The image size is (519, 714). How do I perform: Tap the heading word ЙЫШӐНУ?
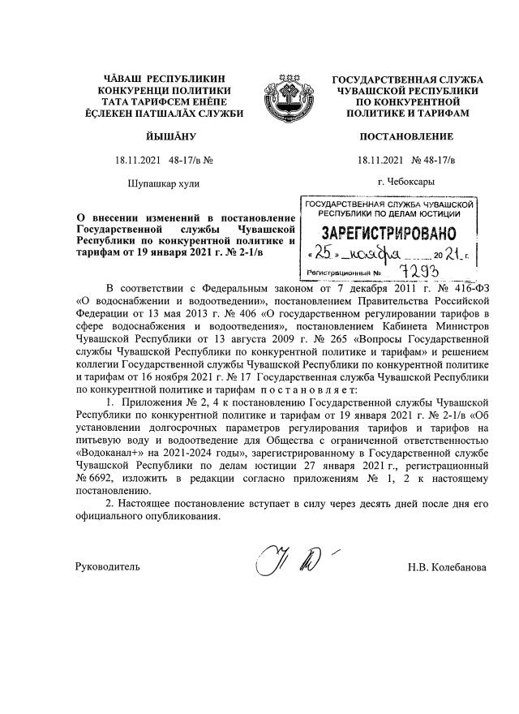163,137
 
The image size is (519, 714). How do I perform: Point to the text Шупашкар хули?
163,183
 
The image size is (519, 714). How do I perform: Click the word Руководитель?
106,566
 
